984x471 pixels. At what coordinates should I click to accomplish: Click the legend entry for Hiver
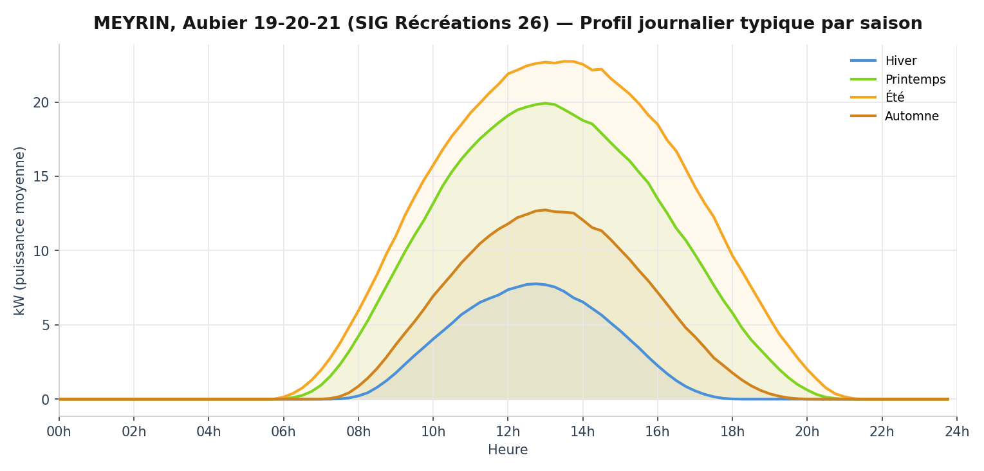tap(901, 60)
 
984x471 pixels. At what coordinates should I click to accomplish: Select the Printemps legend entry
tap(915, 80)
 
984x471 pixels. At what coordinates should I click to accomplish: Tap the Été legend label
tap(895, 97)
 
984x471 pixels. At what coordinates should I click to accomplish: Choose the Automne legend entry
tap(911, 116)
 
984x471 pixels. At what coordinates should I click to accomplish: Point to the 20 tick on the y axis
tap(41, 102)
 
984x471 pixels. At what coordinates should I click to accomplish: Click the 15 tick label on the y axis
tap(41, 176)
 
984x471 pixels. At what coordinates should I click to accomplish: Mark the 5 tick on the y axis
tap(44, 325)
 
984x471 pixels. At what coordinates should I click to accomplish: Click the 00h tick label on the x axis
tap(59, 432)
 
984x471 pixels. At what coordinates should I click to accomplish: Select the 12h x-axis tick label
tap(508, 432)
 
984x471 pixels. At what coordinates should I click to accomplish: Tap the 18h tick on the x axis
tap(732, 432)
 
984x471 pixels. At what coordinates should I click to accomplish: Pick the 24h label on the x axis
tap(957, 432)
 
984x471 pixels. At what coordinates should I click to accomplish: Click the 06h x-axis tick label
tap(283, 432)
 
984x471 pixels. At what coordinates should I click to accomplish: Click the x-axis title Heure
tap(508, 450)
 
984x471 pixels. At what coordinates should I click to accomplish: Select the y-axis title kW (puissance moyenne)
tap(20, 230)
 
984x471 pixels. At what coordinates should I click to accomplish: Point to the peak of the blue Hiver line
tap(535, 284)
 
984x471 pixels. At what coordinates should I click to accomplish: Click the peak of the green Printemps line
tap(545, 103)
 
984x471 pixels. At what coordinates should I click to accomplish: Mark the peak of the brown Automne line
tap(545, 210)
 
